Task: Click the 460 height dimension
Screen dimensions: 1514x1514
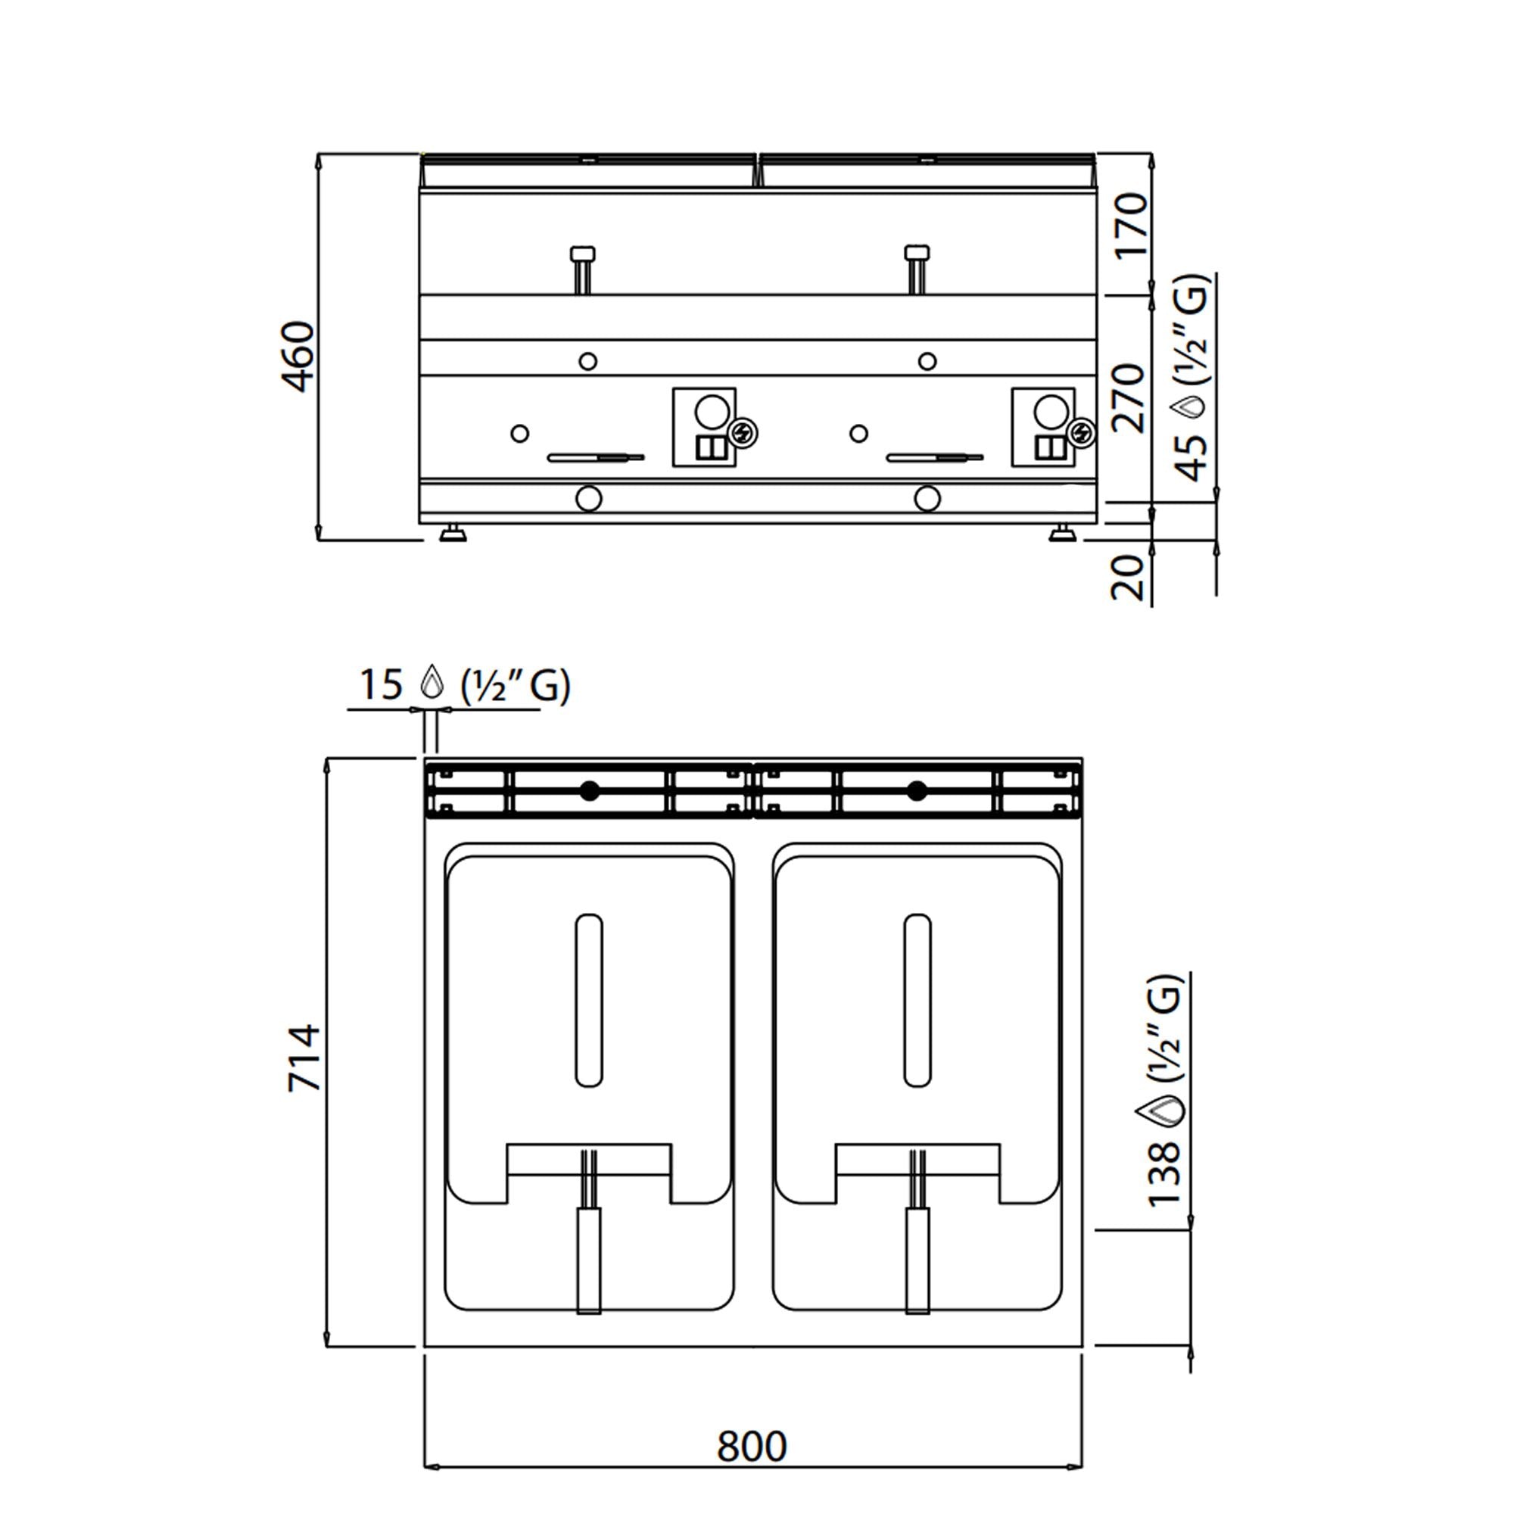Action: (x=298, y=356)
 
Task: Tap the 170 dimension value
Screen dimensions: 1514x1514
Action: (x=1132, y=226)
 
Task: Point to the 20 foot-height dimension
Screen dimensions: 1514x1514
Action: (x=1129, y=578)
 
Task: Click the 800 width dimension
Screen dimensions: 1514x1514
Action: (x=751, y=1447)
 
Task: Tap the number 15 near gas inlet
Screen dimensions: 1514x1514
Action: (x=380, y=684)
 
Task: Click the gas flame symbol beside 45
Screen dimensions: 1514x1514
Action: (x=1191, y=407)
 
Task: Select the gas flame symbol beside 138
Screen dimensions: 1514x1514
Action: (x=1163, y=1111)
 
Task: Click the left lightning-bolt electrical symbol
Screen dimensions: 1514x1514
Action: (x=742, y=432)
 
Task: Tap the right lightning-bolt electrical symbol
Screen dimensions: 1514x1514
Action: (x=1081, y=432)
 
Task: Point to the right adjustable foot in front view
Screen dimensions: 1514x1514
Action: (x=1063, y=534)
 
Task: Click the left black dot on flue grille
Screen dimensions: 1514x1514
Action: (x=590, y=792)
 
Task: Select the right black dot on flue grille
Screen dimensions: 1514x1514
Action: (x=917, y=792)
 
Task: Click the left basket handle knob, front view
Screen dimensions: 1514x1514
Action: (x=582, y=254)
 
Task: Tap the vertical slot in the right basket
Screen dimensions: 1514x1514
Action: (x=917, y=1001)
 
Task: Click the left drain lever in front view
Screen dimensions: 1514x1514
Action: (x=596, y=457)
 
